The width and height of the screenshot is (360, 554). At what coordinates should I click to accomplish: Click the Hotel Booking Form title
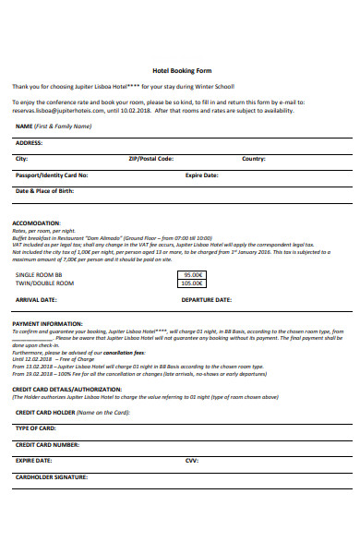(180, 70)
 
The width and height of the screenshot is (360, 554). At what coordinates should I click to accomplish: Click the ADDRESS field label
(30, 143)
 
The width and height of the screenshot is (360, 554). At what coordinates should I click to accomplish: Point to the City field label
(22, 159)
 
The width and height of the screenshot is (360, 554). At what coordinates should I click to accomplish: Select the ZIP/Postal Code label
(150, 159)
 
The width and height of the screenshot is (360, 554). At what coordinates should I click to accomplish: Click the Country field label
(254, 159)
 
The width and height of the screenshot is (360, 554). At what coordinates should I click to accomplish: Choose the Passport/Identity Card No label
(52, 175)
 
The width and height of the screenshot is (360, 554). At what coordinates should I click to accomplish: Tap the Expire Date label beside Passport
(201, 175)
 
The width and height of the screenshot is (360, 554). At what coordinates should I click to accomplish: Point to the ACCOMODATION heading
(35, 223)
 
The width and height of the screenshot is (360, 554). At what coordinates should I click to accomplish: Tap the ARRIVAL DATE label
(37, 300)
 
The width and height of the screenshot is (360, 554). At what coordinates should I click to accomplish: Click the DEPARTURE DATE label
(206, 300)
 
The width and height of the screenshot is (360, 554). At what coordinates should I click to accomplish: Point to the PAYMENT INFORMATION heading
(47, 324)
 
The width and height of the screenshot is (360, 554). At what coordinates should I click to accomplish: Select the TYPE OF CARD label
(36, 428)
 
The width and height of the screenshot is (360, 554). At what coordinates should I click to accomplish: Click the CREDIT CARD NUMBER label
(47, 444)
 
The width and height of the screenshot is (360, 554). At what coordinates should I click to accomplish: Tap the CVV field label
(191, 460)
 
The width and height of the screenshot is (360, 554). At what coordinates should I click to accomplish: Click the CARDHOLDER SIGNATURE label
(52, 476)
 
